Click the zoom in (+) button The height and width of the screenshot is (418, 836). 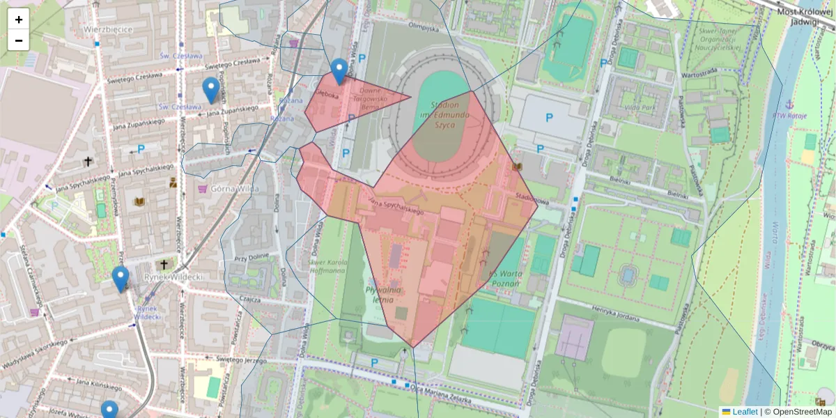pos(19,20)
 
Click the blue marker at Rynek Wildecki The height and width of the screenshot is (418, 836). pos(121,279)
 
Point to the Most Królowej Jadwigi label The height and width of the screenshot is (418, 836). pos(806,16)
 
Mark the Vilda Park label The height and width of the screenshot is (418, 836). pos(640,108)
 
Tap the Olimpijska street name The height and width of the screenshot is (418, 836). pos(424,28)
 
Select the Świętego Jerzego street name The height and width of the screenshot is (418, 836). pos(241,359)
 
